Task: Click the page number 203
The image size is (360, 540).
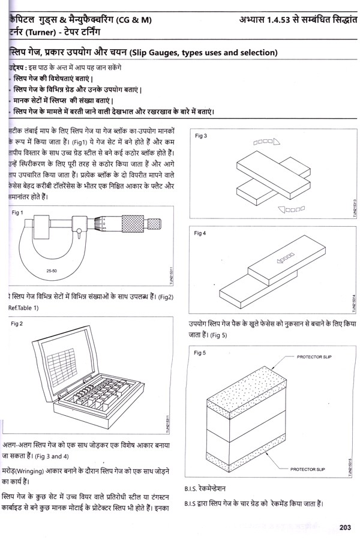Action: [344, 527]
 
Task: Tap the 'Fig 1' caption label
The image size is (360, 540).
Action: [19, 212]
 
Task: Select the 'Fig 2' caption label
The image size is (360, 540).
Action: [19, 323]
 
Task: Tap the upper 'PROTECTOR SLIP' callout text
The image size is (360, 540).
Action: [319, 356]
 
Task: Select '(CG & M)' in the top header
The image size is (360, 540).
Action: [136, 20]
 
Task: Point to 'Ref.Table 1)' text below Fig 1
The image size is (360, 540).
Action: [23, 308]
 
